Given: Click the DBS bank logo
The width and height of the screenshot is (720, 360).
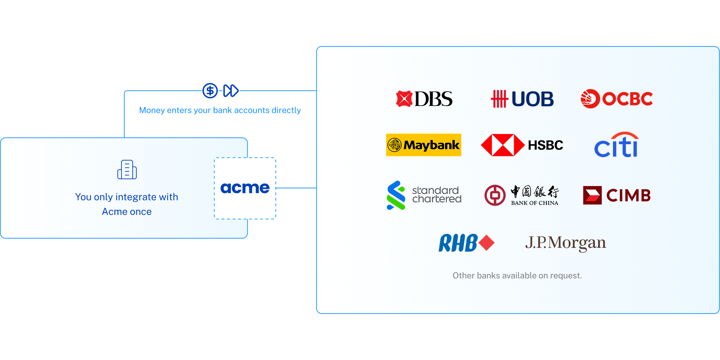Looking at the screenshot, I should (424, 99).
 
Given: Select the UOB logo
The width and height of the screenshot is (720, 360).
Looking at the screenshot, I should (522, 99).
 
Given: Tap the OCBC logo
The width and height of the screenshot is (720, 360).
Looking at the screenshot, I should (617, 99).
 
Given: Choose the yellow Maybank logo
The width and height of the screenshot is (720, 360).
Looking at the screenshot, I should (424, 145).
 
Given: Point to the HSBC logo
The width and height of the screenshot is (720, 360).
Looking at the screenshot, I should (522, 145).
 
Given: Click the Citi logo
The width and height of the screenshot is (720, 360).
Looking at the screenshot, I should (616, 145).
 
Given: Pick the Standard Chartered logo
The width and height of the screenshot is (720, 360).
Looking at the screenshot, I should (424, 195).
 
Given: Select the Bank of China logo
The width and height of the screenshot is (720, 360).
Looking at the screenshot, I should (521, 195).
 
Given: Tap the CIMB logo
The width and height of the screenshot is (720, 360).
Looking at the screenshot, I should (616, 195).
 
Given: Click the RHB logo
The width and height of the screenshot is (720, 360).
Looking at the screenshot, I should (466, 243).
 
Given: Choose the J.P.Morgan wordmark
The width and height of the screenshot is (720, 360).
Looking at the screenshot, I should (565, 243).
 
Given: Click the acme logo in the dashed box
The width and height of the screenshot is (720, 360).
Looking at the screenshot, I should (245, 188).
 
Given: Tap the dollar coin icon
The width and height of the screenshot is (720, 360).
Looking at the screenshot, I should (210, 91).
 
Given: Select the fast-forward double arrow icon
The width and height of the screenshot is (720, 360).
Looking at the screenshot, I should (231, 91).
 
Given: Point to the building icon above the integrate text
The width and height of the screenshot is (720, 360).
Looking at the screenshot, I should (127, 170).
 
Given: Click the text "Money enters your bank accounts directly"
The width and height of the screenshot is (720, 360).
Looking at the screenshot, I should (220, 110).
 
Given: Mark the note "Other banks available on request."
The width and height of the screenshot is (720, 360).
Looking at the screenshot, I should (517, 275).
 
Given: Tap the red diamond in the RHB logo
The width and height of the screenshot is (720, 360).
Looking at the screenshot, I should (486, 243).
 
